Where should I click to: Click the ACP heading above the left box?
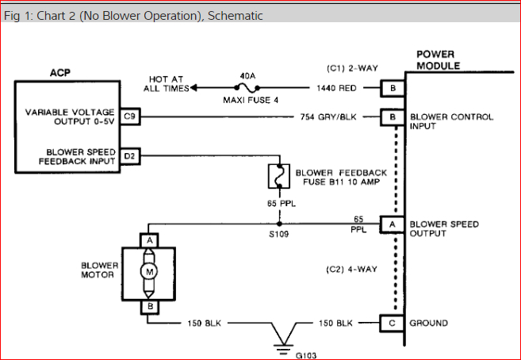tap(60, 72)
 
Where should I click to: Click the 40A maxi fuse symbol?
tap(247, 88)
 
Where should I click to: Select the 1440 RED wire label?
tap(336, 88)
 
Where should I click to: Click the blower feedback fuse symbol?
tap(278, 177)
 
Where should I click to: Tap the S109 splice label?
tap(278, 236)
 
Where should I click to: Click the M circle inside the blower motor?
tap(149, 271)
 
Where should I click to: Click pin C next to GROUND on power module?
tap(390, 323)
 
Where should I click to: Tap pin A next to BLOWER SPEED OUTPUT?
tap(390, 224)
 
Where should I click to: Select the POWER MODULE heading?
tap(438, 61)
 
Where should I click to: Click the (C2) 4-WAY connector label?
tap(350, 270)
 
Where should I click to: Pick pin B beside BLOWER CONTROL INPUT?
tap(390, 118)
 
